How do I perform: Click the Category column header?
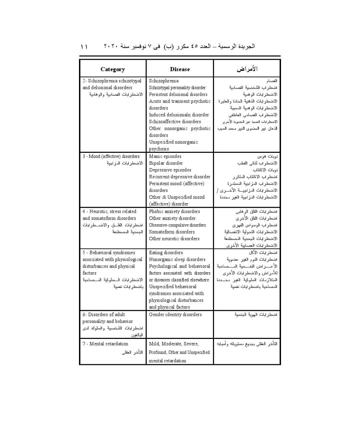coord(113,69)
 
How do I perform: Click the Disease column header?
coord(180,69)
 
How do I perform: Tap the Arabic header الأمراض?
coord(247,69)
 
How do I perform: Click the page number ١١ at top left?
coord(84,47)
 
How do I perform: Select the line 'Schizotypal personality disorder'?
coord(177,88)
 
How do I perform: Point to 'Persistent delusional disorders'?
coord(178,94)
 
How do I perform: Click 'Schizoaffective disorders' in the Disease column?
coord(175,122)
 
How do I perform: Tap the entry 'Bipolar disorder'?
coord(166,163)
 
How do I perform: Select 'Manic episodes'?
coord(165,156)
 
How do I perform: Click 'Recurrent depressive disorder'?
coord(180,177)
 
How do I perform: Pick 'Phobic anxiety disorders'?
coord(174,211)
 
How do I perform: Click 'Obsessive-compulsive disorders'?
coord(177,225)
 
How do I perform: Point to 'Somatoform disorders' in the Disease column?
coord(172,232)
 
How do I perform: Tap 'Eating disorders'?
coord(166,253)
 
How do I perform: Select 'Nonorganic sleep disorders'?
coord(177,260)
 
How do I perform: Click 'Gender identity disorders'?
coord(175,315)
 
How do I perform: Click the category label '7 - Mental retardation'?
coord(105,344)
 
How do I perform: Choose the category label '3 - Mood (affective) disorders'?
coord(111,156)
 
